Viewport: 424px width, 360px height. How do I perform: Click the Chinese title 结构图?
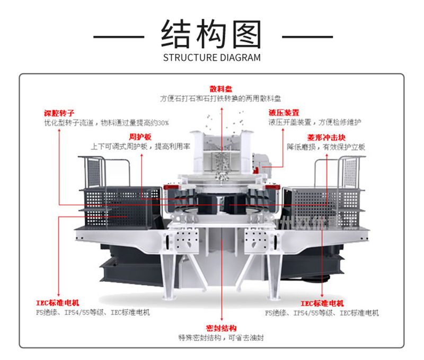pyautogui.click(x=211, y=34)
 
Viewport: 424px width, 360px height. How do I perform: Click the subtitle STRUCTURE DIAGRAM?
pyautogui.click(x=211, y=57)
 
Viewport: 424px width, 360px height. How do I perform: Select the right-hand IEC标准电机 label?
pyautogui.click(x=322, y=303)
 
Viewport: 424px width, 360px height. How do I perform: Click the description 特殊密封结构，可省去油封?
pyautogui.click(x=220, y=337)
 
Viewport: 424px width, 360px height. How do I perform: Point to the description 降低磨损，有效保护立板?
pyautogui.click(x=326, y=147)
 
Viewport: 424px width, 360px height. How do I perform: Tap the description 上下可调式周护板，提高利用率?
pyautogui.click(x=140, y=147)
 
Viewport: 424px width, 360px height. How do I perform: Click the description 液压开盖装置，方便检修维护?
pyautogui.click(x=315, y=122)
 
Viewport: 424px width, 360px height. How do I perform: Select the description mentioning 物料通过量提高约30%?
pyautogui.click(x=106, y=123)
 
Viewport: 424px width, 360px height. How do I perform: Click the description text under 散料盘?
pyautogui.click(x=220, y=98)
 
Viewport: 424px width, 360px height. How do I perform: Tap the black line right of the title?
pyautogui.click(x=307, y=37)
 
